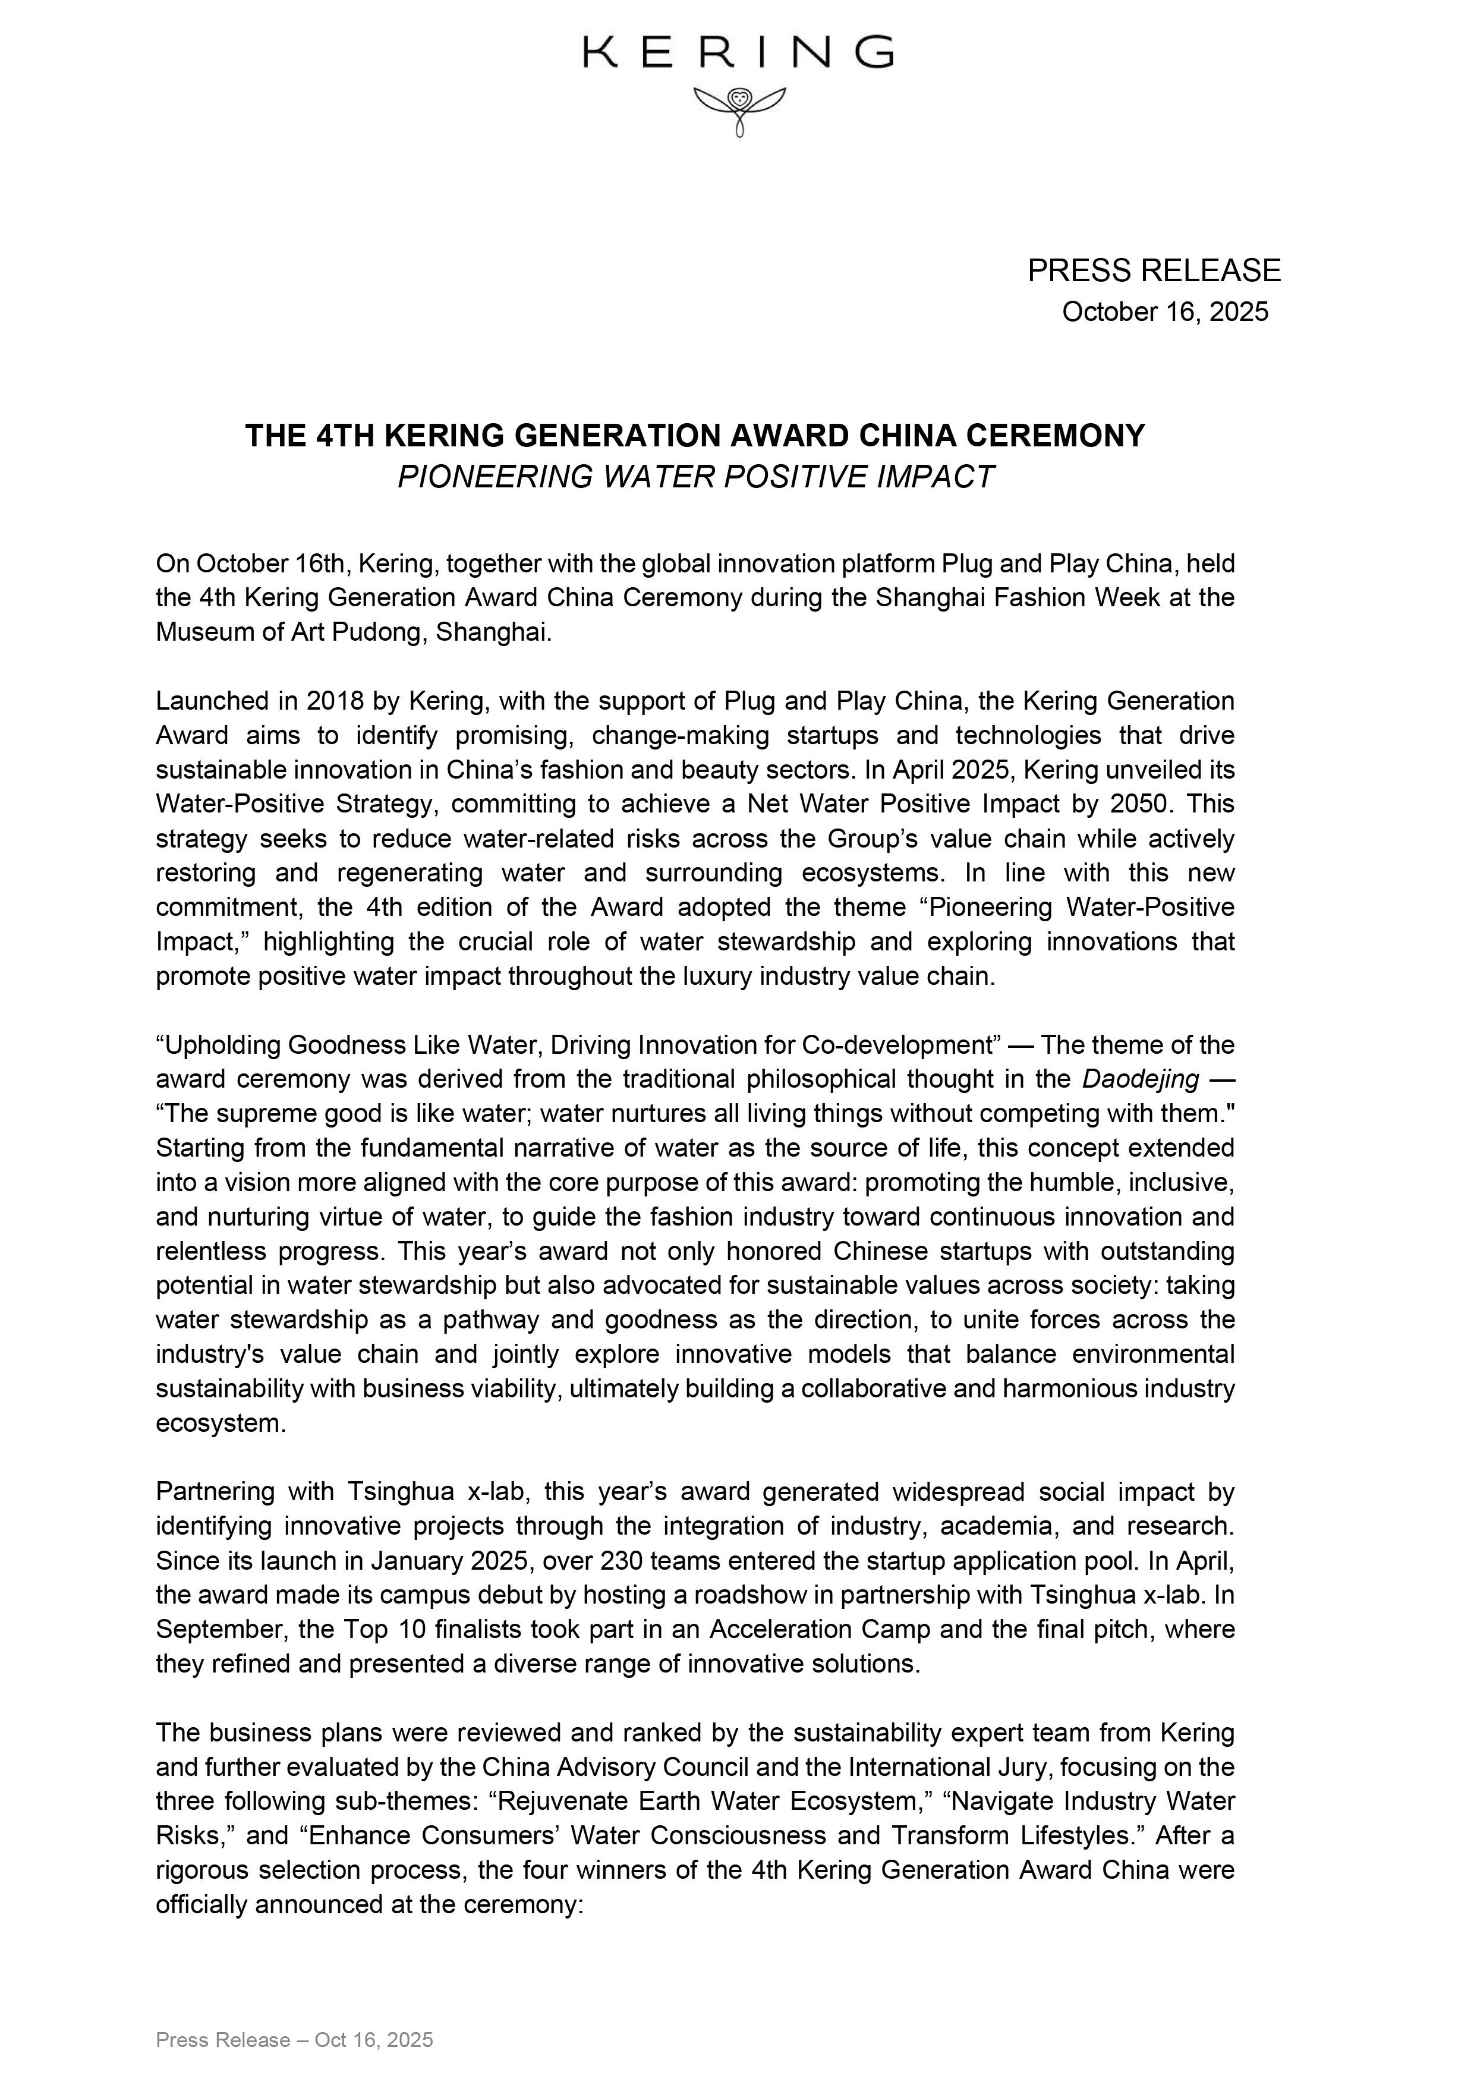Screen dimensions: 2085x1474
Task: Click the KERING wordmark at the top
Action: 738,53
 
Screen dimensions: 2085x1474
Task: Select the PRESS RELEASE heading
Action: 1154,270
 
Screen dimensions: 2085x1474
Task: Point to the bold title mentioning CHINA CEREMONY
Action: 695,436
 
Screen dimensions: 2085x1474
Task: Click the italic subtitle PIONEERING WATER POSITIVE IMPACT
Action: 695,477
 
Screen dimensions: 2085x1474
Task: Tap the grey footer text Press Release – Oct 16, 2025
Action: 294,2032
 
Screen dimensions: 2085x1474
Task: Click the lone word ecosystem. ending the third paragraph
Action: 221,1422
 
